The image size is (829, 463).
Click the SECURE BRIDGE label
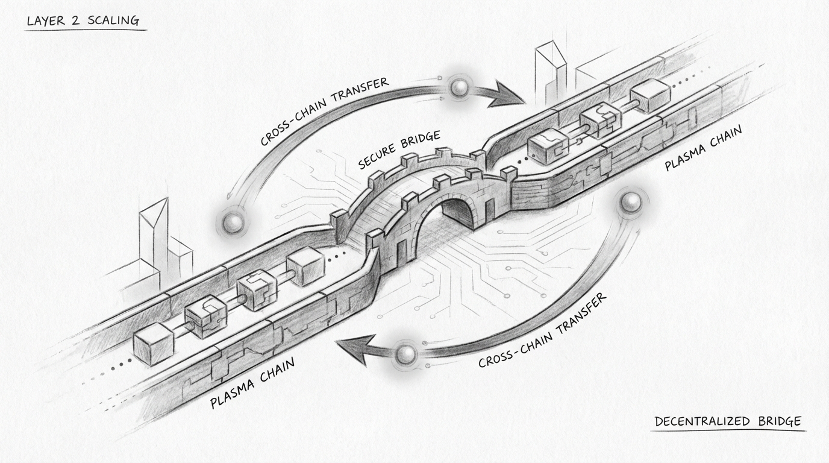coord(399,150)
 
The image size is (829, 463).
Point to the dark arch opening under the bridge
coord(458,212)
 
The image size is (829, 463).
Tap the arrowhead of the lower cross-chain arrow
coord(352,349)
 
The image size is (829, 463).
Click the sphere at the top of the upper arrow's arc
coord(459,89)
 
